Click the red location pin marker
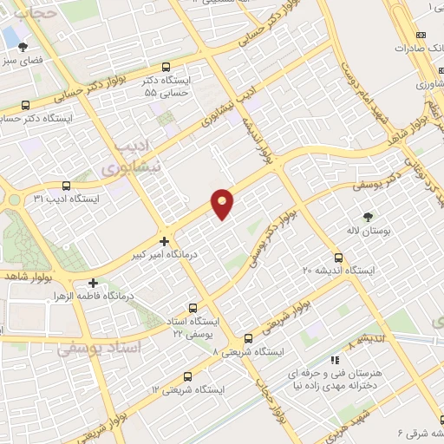[223, 204]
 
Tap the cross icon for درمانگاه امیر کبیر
[164, 239]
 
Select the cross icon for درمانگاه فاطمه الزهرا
[93, 283]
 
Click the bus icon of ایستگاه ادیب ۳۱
[67, 185]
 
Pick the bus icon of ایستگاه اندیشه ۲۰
[338, 257]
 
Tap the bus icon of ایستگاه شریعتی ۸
[248, 338]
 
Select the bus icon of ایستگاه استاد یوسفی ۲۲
[193, 307]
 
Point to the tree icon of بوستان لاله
[368, 217]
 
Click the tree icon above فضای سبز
[23, 48]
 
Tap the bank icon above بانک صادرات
[421, 35]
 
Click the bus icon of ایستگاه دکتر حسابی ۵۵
[166, 67]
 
